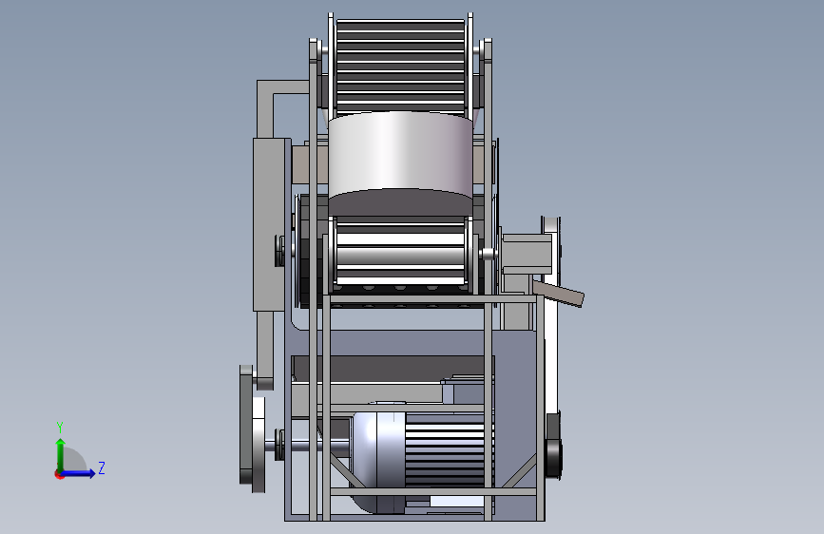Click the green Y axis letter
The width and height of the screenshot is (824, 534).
(60, 428)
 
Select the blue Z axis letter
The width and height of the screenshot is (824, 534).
(102, 467)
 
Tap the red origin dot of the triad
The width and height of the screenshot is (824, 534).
(59, 474)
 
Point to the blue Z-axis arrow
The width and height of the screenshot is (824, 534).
(78, 473)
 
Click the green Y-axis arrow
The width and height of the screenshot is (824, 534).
(61, 455)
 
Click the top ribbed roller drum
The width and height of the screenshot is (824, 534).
(400, 66)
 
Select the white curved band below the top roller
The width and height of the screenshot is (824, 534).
(400, 152)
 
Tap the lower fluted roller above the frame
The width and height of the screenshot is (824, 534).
(401, 251)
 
